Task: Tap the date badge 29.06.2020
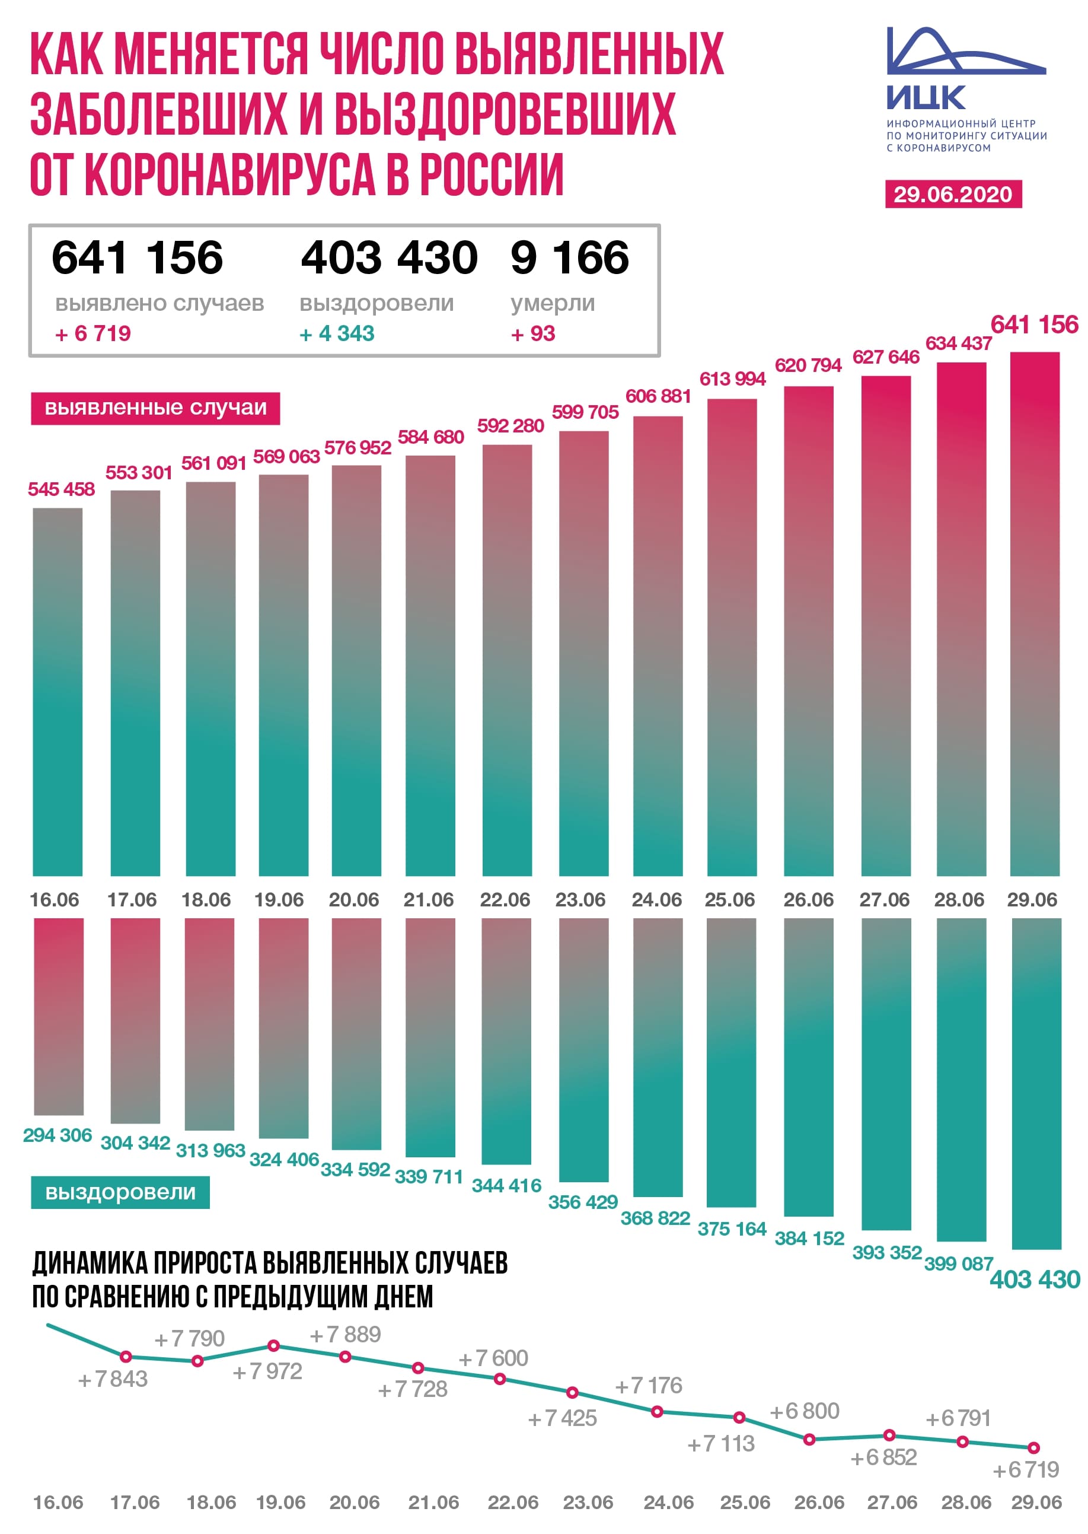click(x=953, y=195)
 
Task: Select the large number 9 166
click(x=569, y=258)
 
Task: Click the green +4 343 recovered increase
click(x=337, y=334)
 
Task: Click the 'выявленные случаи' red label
click(x=155, y=408)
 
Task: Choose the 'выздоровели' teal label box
click(x=120, y=1192)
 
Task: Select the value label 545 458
click(x=61, y=489)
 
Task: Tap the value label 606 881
click(x=658, y=397)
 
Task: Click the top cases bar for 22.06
click(x=507, y=660)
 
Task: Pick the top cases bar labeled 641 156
click(x=1035, y=613)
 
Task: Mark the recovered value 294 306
click(x=58, y=1135)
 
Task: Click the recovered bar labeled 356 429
click(x=583, y=1049)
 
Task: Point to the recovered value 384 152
click(x=809, y=1239)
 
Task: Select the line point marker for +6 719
click(x=1033, y=1447)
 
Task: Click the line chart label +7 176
click(x=649, y=1385)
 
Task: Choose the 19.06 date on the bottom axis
click(x=280, y=1502)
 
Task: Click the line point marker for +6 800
click(x=809, y=1439)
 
